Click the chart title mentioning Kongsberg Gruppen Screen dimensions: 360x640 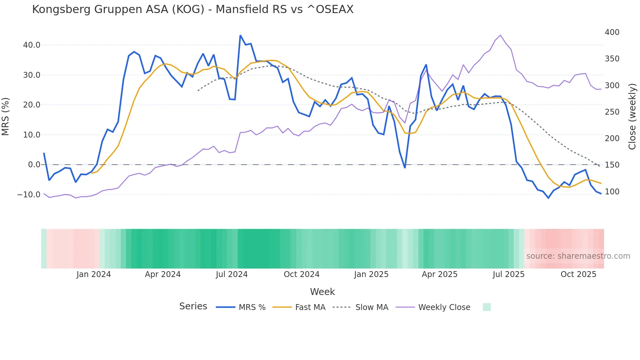[x=193, y=9]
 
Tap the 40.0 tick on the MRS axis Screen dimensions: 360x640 [x=32, y=45]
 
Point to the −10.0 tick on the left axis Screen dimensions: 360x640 [x=29, y=195]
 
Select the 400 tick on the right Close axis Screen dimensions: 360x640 [x=612, y=32]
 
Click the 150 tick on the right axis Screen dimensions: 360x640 [x=612, y=165]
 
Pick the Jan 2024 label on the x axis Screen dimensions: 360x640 [x=94, y=274]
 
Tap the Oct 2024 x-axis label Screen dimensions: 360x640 [x=301, y=274]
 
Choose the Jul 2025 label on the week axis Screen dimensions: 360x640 [x=508, y=274]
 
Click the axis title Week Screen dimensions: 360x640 [x=322, y=292]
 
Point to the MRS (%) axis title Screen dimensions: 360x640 [x=6, y=116]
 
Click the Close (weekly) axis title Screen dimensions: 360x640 [x=632, y=116]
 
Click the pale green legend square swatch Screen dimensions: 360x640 [x=487, y=307]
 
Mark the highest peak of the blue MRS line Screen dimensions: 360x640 [x=240, y=36]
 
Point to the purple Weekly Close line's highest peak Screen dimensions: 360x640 [x=500, y=35]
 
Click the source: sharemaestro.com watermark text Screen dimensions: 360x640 [x=578, y=256]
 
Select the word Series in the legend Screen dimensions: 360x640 [x=193, y=306]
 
